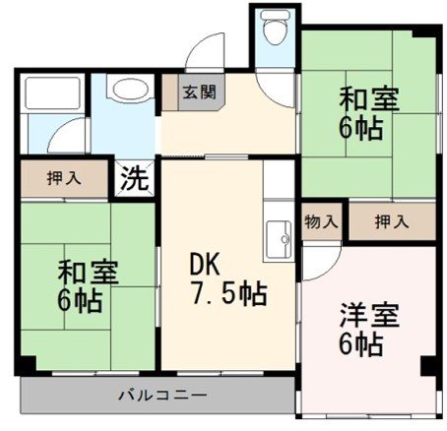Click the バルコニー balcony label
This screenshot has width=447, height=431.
click(162, 396)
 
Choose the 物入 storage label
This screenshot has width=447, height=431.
click(319, 221)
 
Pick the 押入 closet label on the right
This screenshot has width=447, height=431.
click(392, 221)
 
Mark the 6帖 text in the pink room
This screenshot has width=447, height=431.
click(362, 344)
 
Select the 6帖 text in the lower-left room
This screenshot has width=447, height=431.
click(80, 300)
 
